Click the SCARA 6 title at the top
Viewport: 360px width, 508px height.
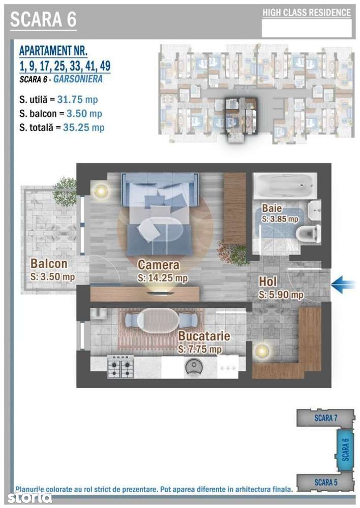coord(43,19)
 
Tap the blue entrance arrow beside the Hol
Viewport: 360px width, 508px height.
coord(343,284)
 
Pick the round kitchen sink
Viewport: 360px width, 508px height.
coord(195,367)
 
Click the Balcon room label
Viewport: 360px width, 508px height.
coord(49,263)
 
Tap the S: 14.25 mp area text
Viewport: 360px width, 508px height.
coord(163,278)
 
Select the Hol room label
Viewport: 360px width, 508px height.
coord(267,282)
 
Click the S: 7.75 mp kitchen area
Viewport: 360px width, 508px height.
coord(200,350)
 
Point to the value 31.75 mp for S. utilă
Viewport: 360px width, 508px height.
coord(77,100)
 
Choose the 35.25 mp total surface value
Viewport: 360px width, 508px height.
coord(84,128)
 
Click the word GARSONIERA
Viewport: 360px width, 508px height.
coord(78,79)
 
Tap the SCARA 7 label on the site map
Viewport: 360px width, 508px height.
coord(325,418)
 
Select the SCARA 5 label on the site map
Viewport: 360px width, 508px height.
coord(325,482)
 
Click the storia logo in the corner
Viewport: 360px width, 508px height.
coord(29,497)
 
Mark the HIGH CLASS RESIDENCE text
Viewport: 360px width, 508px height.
coord(307,13)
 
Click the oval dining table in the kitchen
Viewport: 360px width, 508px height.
coord(158,320)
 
